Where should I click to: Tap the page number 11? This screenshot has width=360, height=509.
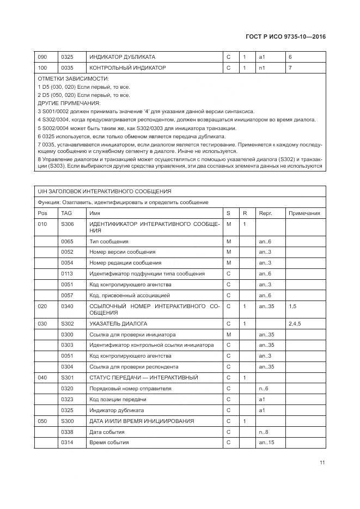click(x=322, y=463)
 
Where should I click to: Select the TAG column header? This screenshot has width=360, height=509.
click(x=66, y=213)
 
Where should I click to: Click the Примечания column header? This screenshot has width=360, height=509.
click(x=304, y=213)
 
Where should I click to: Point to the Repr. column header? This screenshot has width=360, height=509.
click(x=265, y=213)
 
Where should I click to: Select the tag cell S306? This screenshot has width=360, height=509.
click(x=67, y=224)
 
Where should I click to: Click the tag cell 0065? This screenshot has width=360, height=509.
click(x=67, y=241)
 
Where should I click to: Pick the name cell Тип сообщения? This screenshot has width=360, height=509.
click(x=109, y=241)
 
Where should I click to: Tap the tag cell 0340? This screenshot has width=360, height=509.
click(x=67, y=306)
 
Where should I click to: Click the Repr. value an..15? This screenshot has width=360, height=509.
click(x=266, y=443)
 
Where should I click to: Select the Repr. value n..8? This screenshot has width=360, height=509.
click(x=264, y=432)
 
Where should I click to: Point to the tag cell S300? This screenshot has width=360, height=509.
click(x=67, y=421)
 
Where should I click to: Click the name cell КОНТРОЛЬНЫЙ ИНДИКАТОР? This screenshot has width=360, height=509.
click(x=127, y=68)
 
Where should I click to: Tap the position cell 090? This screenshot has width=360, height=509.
click(x=42, y=57)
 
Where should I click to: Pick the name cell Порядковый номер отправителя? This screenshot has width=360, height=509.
click(x=130, y=388)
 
